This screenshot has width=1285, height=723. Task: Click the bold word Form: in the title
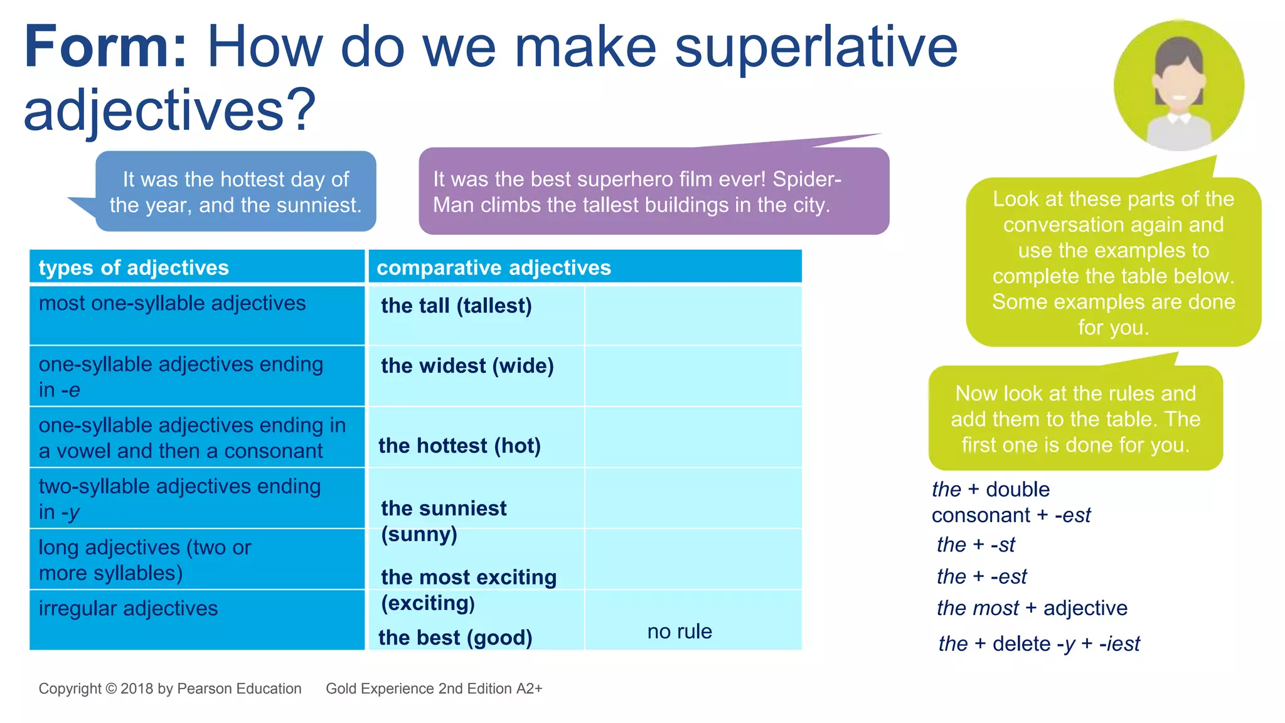pos(105,48)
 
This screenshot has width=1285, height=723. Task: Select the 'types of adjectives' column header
pos(134,268)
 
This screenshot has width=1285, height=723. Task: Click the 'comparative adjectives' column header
pos(494,268)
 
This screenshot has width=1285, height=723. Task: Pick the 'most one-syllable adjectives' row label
pos(172,304)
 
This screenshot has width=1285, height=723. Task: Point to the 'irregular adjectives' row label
pos(128,609)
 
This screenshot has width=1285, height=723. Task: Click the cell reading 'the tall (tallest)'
pos(456,306)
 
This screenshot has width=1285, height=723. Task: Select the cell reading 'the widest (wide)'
pos(467,366)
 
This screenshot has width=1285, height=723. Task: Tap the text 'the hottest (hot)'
pos(459,446)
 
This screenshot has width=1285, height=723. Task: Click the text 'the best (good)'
pos(455,638)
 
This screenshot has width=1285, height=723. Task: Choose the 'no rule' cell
pos(680,631)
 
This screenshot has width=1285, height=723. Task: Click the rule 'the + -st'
pos(976,545)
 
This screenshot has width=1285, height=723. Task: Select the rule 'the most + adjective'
pos(1032,608)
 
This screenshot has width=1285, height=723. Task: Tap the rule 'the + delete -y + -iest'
pos(1038,644)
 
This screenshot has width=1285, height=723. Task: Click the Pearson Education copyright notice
pos(170,688)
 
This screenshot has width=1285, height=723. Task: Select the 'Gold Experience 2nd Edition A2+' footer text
pos(434,688)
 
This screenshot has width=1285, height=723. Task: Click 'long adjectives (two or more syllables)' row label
pos(144,560)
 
